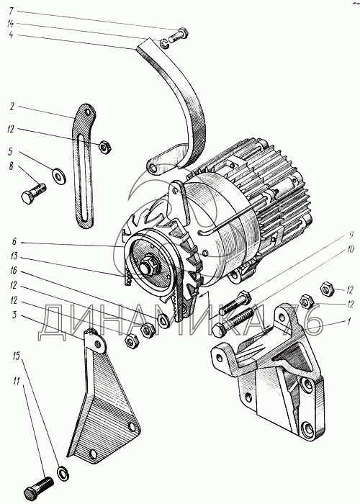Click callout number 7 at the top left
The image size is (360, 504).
coord(12,11)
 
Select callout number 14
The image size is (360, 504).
coord(11,24)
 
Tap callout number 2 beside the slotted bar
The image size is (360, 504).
coord(12,107)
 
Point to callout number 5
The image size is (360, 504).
coord(12,152)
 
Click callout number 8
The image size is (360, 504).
coord(12,166)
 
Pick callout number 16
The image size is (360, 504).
coord(13,271)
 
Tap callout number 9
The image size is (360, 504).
coord(348,235)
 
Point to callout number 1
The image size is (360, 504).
coord(348,321)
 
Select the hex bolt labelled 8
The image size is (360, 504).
coord(34,193)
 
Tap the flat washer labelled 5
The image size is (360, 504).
coord(59,176)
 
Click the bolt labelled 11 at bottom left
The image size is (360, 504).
coord(38,487)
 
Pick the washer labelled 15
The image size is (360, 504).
coord(63,473)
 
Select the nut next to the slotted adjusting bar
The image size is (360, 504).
coord(105,147)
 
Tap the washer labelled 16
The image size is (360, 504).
coord(163,321)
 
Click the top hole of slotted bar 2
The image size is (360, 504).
coord(87,113)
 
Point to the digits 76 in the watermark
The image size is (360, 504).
coord(302,320)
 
